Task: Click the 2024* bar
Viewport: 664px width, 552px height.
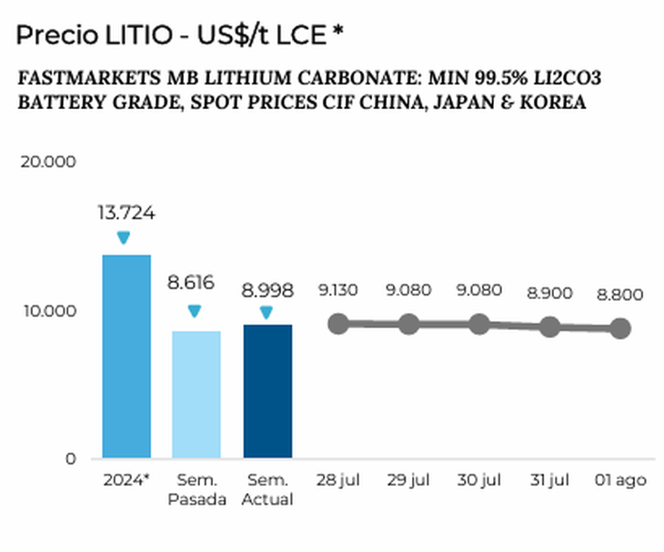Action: (126, 356)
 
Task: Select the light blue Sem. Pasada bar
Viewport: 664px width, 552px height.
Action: (196, 394)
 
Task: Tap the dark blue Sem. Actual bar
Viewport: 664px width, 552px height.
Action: (267, 391)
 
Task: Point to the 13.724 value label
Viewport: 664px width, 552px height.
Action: (126, 214)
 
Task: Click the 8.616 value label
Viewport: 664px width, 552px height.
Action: (190, 283)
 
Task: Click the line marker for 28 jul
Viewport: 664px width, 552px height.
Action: (338, 324)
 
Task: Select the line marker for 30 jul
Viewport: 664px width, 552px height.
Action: (479, 324)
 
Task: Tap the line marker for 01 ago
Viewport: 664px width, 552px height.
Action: (620, 328)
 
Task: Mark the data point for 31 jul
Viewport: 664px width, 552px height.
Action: (549, 326)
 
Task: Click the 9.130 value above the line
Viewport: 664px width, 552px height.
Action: (338, 291)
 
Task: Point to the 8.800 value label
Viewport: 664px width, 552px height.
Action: (620, 295)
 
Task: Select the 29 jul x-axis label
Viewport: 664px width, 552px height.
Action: (408, 480)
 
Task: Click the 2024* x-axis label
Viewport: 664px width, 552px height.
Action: (126, 480)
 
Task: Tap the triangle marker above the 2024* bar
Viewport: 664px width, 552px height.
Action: (124, 237)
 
